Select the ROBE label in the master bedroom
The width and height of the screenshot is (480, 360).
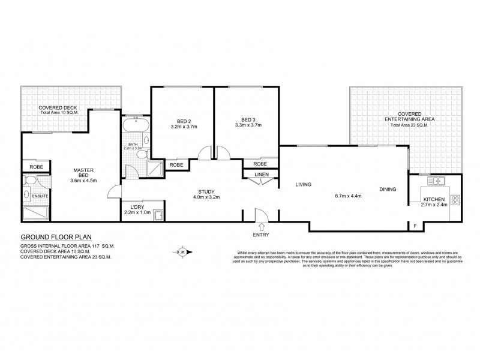pyautogui.click(x=35, y=167)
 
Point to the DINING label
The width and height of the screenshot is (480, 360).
pyautogui.click(x=388, y=190)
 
